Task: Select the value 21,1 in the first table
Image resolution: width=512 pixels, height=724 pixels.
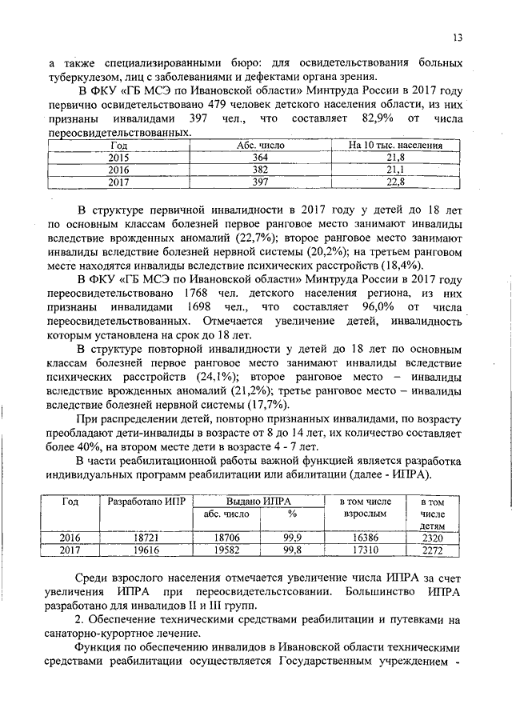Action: (396, 170)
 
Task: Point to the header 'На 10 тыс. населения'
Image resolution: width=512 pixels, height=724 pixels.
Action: (396, 146)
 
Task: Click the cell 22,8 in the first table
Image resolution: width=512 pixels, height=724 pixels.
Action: (396, 182)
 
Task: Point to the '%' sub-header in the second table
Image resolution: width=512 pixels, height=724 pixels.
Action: (292, 514)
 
